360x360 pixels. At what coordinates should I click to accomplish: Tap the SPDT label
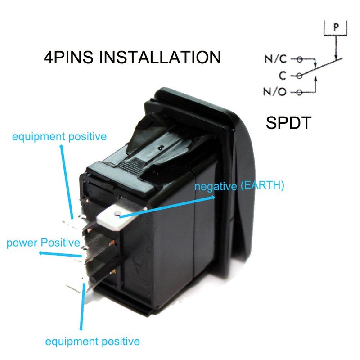click(x=288, y=122)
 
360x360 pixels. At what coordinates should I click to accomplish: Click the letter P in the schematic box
click(x=335, y=27)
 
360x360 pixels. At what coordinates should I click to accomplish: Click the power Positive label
click(x=43, y=243)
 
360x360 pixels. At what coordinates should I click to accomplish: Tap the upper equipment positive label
click(x=59, y=136)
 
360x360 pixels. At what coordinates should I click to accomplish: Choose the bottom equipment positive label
click(x=92, y=341)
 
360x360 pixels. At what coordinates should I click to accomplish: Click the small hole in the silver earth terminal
click(x=117, y=214)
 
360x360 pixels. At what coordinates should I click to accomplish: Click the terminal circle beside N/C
click(x=299, y=59)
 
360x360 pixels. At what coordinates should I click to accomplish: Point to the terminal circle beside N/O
click(x=299, y=93)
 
